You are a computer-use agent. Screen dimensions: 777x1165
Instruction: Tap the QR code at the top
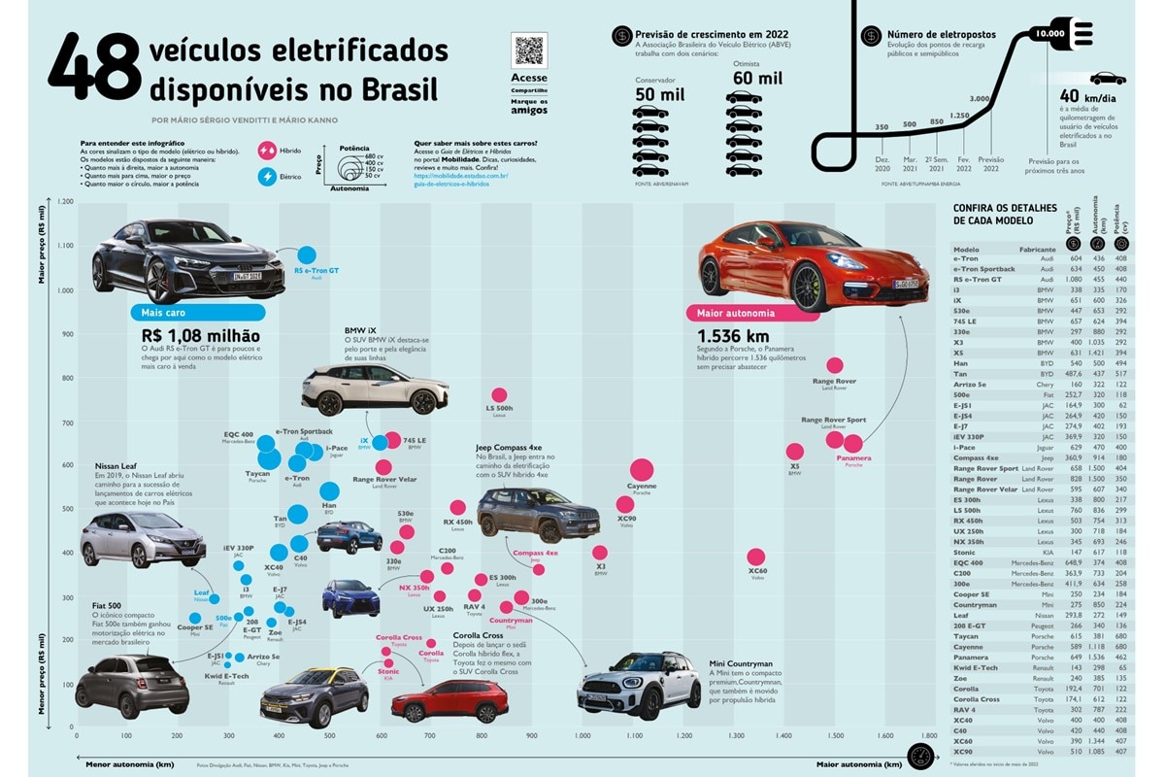pos(529,51)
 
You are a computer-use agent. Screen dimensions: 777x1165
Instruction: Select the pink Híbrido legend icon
pos(266,152)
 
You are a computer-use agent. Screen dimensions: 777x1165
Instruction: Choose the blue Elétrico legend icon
pos(266,177)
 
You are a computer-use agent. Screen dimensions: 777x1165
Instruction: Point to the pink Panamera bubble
pos(853,444)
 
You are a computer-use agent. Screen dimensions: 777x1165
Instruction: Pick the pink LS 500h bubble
pos(499,394)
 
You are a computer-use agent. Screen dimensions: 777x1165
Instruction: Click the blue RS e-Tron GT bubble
pos(307,255)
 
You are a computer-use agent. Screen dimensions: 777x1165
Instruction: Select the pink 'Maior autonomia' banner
pos(753,313)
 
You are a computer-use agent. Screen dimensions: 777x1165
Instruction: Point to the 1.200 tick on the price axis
pos(65,202)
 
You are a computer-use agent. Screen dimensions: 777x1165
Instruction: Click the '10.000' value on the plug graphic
pos(1050,34)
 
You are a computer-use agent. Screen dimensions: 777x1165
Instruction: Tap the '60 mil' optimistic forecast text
pos(758,78)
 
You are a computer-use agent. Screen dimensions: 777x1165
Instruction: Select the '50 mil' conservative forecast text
pos(660,95)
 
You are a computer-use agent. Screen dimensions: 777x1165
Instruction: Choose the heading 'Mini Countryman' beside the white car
pos(741,664)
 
